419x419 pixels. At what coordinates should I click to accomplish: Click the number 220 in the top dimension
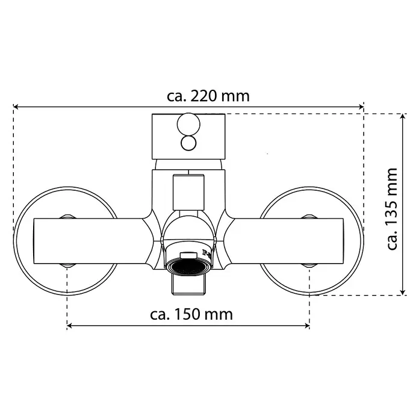(x=203, y=96)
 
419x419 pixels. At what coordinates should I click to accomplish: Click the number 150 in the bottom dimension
(x=187, y=314)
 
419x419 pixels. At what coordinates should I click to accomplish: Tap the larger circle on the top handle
(x=188, y=125)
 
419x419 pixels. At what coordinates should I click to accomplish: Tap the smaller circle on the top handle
(x=188, y=143)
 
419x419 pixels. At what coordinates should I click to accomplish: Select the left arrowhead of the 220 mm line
(x=16, y=107)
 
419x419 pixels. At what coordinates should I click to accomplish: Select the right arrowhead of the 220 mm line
(x=361, y=107)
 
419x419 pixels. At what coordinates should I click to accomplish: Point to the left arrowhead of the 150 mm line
(x=69, y=326)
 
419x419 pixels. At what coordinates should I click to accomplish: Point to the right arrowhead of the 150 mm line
(x=307, y=326)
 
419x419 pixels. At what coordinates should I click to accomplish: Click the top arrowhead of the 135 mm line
(x=403, y=117)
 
